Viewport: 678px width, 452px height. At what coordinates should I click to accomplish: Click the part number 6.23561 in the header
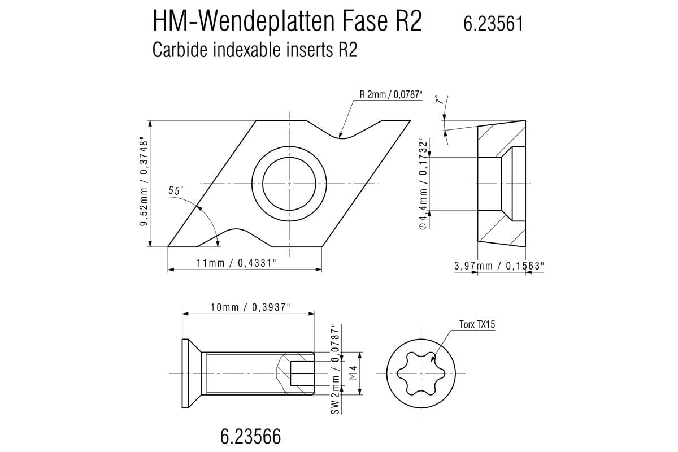(x=493, y=24)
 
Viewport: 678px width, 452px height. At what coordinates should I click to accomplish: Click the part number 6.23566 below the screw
(x=251, y=436)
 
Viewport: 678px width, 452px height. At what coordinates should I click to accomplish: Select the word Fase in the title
(x=365, y=21)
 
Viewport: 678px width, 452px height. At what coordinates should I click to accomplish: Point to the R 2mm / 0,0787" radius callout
(x=391, y=95)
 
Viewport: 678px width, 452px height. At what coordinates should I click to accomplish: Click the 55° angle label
(x=176, y=190)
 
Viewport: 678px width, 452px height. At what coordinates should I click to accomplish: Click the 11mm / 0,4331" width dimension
(x=236, y=263)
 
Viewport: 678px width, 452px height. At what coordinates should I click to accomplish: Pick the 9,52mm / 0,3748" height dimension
(x=144, y=183)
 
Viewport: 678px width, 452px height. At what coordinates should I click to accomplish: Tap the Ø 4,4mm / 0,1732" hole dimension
(x=424, y=184)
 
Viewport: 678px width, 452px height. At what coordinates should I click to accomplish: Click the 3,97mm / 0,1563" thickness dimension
(x=499, y=266)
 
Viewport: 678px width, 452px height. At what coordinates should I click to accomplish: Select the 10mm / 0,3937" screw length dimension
(x=250, y=307)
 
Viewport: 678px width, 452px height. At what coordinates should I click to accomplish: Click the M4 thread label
(x=354, y=373)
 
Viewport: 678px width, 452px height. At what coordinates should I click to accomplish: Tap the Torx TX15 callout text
(x=477, y=324)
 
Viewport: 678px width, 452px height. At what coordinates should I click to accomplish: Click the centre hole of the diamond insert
(x=289, y=184)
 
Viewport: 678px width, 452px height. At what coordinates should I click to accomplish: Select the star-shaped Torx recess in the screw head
(x=421, y=373)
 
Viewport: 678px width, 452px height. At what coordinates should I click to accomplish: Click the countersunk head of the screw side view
(x=192, y=373)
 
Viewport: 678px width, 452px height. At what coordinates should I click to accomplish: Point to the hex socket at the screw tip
(x=302, y=373)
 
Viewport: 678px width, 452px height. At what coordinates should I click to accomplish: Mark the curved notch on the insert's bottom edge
(x=235, y=237)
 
